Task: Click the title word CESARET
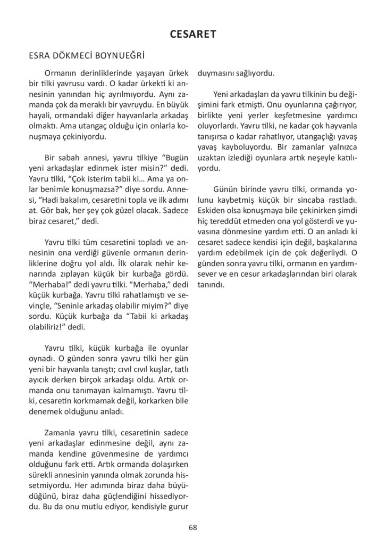pyautogui.click(x=192, y=35)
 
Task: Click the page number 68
pyautogui.click(x=192, y=527)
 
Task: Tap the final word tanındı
pyautogui.click(x=212, y=284)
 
